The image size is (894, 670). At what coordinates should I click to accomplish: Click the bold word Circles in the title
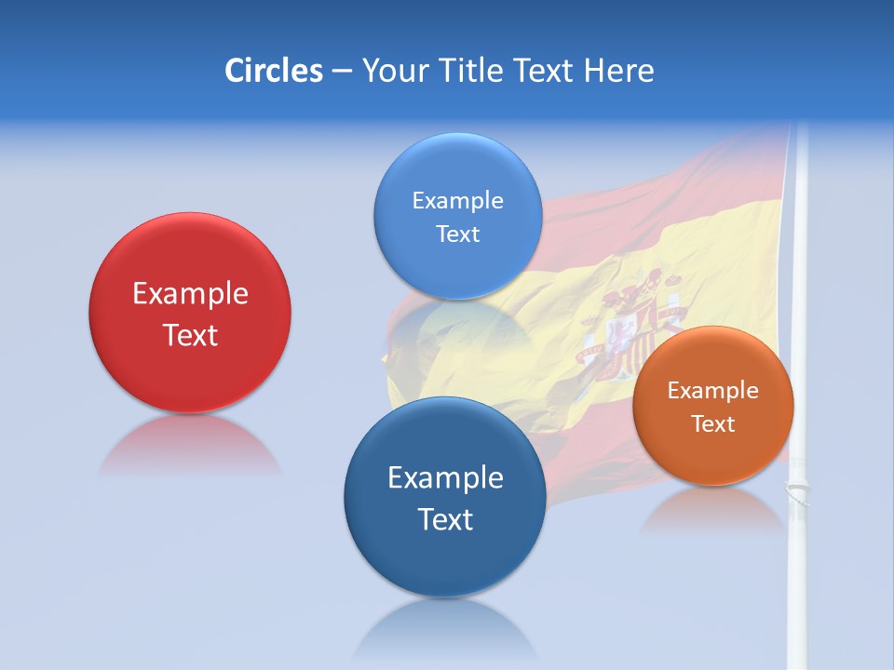click(273, 71)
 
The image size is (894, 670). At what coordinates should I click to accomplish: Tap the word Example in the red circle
click(190, 294)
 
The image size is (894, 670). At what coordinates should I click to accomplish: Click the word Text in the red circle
click(190, 335)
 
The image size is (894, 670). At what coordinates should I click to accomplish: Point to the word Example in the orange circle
click(713, 391)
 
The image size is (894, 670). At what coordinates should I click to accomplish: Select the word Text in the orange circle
click(713, 424)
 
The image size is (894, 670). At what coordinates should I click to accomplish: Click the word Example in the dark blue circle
click(445, 478)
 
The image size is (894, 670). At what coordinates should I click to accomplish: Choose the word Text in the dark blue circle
click(445, 519)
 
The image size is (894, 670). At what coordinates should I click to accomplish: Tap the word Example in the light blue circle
click(457, 201)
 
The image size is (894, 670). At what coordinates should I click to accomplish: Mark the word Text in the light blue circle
click(457, 234)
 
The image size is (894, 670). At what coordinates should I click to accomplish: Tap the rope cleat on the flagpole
click(798, 492)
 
